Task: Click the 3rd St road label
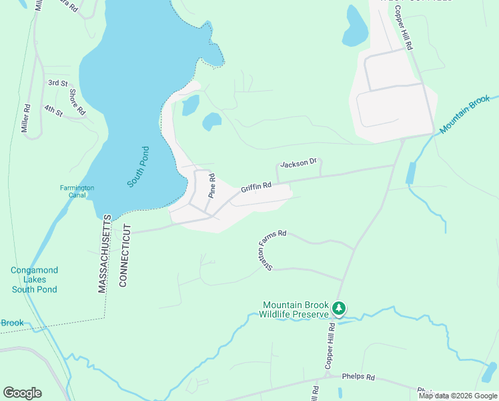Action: (58, 83)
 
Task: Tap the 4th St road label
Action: (53, 109)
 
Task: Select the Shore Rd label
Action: (77, 101)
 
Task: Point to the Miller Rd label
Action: (27, 118)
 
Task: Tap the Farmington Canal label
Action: (77, 192)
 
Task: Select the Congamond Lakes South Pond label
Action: (34, 280)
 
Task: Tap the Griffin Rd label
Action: (257, 187)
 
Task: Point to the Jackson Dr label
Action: (298, 163)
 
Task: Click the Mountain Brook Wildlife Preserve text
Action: (296, 309)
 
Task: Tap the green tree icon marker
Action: (340, 308)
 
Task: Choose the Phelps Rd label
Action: (357, 378)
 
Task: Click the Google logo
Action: (22, 392)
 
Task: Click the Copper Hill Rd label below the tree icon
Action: (329, 346)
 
